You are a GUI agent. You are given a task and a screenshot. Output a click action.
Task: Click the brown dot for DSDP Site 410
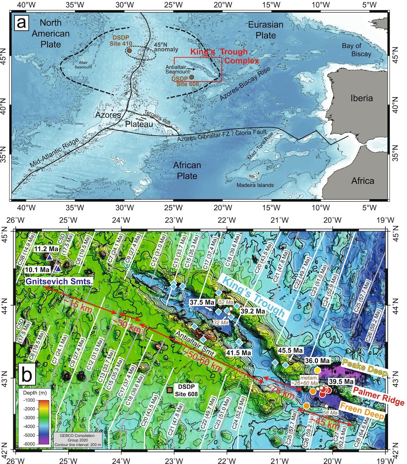pos(129,51)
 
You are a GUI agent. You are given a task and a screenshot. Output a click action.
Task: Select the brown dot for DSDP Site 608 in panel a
pos(192,77)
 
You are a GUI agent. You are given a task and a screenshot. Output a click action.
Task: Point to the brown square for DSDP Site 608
pos(169,390)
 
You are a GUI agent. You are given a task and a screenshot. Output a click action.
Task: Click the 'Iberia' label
pos(361,98)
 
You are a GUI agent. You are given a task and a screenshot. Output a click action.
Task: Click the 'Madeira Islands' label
pos(255,185)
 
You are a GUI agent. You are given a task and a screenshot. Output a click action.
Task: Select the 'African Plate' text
pos(187,170)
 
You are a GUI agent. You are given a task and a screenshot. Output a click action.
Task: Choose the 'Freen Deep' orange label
pos(362,411)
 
